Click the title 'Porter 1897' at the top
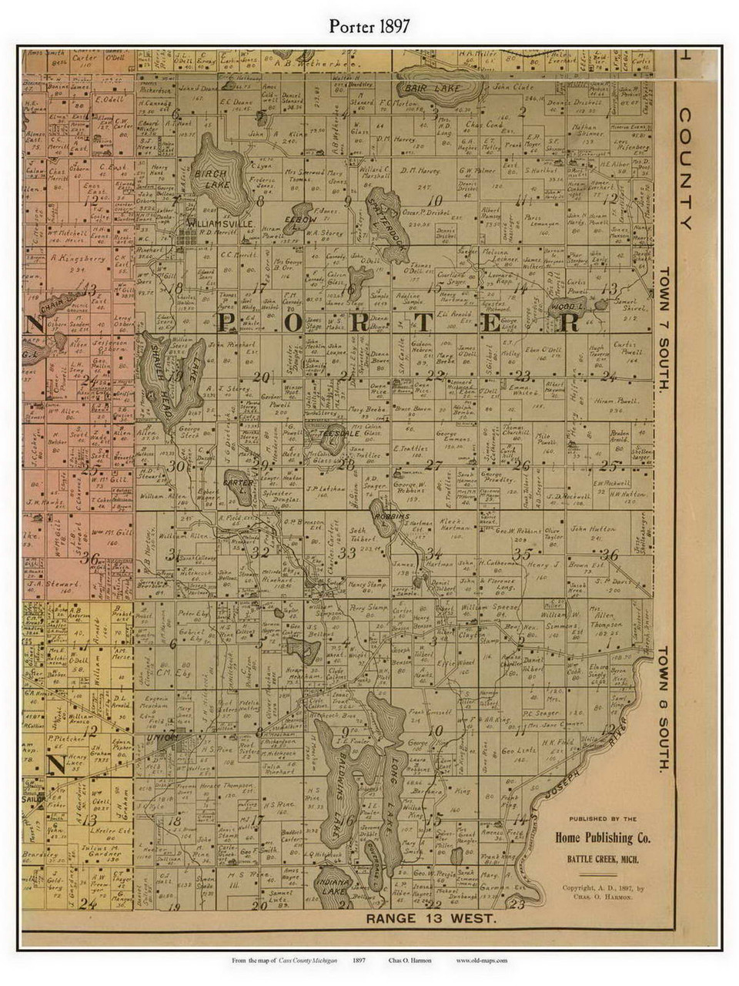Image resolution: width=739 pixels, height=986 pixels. (x=369, y=25)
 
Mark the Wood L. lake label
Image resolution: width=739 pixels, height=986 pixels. (x=568, y=307)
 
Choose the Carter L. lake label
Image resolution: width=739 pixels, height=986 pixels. (x=237, y=483)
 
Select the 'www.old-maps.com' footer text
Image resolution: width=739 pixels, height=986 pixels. (x=481, y=961)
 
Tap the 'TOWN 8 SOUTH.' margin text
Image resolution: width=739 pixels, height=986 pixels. (x=664, y=709)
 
